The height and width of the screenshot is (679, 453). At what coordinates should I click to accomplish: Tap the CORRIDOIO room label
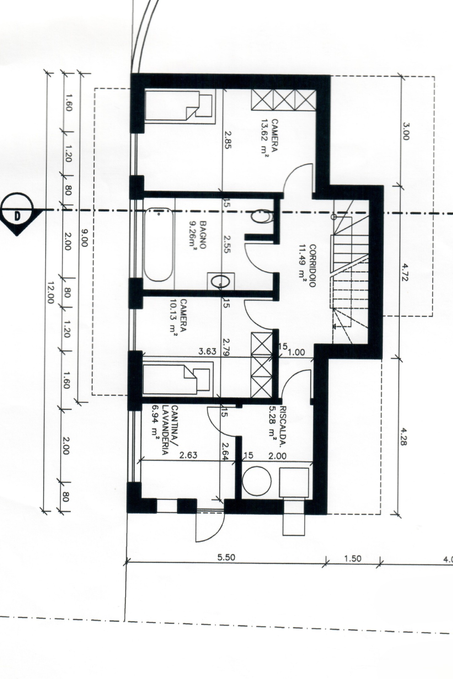click(x=312, y=266)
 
